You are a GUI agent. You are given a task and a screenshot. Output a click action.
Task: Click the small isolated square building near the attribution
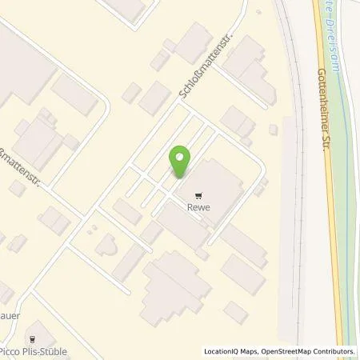(235, 310)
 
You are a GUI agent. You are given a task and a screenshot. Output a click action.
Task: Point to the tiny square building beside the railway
(274, 128)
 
